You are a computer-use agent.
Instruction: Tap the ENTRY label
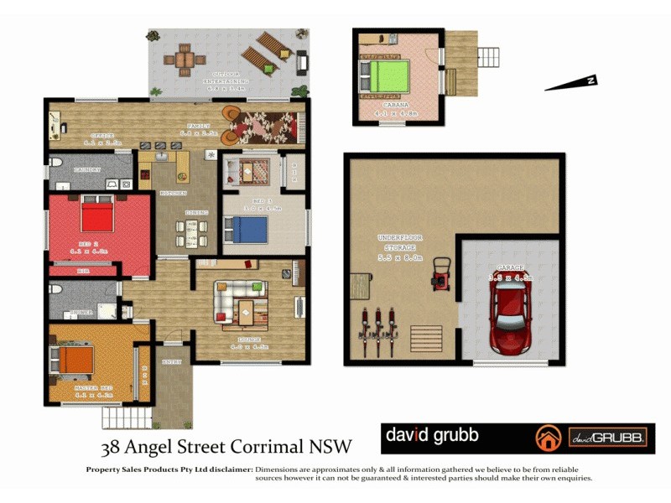pos(172,361)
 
